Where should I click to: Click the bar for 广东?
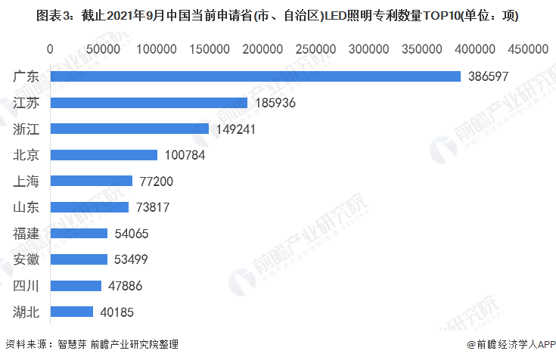point(256,76)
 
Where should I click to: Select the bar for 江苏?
point(149,103)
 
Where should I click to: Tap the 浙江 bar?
point(129,129)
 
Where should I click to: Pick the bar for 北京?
point(104,155)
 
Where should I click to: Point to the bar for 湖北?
point(72,312)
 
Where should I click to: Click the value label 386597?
point(489,76)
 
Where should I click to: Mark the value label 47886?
point(125,286)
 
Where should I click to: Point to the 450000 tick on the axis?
point(526,49)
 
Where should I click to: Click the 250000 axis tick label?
point(314,49)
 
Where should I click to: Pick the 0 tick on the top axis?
point(50,49)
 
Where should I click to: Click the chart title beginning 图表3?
point(277,14)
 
